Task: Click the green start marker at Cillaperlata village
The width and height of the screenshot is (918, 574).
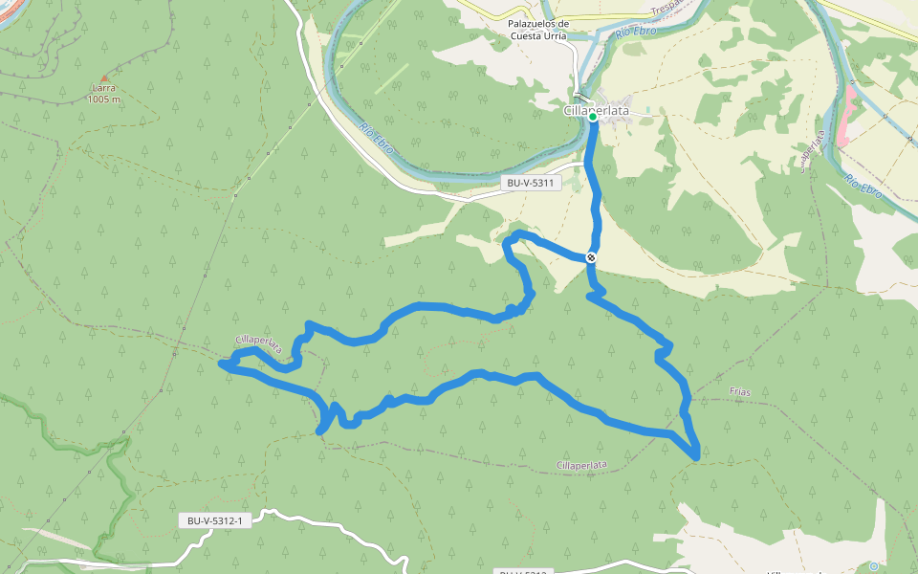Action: pos(593,118)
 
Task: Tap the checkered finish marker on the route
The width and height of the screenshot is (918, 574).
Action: pos(592,256)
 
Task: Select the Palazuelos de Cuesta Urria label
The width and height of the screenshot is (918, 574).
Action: pos(537,30)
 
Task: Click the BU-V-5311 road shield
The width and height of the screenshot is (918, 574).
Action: pos(530,182)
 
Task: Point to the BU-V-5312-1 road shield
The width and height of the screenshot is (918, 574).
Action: pos(214,521)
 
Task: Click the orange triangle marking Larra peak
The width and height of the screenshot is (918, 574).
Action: pos(104,79)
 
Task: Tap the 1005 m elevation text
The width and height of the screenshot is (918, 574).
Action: pos(103,99)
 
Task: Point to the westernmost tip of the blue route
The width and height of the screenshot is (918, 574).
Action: pos(222,364)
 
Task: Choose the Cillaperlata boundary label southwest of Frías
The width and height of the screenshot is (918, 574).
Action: pos(580,465)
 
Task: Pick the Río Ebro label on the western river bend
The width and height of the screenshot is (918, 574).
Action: pos(378,137)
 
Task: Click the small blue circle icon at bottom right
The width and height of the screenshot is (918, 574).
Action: pos(872,566)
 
